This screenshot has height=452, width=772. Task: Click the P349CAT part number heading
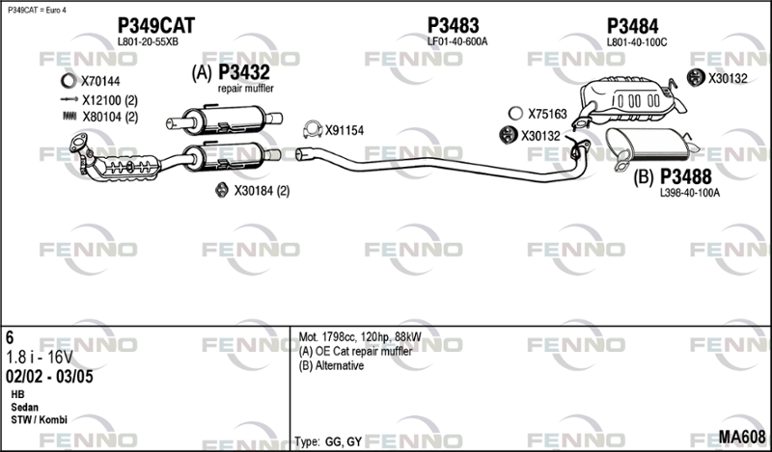coord(156,26)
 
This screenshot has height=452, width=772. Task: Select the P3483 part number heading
coord(453,25)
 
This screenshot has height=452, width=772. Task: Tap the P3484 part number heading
coord(633,26)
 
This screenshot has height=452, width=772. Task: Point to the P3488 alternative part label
coord(686,176)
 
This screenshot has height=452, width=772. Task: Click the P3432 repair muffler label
coord(244,73)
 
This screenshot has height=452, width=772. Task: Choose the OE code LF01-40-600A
coord(457,42)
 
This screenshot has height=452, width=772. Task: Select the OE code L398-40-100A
coord(690,194)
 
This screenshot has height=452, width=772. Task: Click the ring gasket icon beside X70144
coord(69,81)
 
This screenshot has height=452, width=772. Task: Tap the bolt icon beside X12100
coord(69,99)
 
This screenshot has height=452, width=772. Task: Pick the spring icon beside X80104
coord(69,116)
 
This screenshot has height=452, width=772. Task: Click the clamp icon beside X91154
coord(312,129)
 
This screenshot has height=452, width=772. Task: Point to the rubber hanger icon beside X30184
coord(222,190)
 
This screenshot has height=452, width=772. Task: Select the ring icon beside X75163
coord(515,114)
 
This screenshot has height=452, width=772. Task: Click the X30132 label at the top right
coord(728,78)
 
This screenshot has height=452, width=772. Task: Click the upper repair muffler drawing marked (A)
coord(224,120)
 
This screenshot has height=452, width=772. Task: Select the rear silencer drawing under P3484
coord(630,101)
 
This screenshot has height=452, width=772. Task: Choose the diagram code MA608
coord(742,437)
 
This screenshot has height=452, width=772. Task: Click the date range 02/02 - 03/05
coord(49,377)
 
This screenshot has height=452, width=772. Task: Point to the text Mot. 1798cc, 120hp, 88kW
coord(360,337)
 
